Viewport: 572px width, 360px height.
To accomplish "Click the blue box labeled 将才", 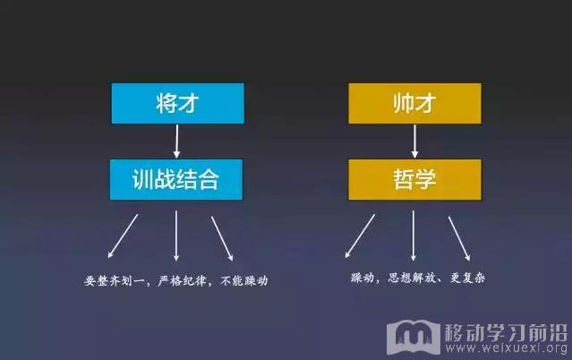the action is click(177, 103).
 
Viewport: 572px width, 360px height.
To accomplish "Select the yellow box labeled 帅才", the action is click(414, 103).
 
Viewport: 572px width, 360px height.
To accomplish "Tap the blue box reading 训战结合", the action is click(176, 179).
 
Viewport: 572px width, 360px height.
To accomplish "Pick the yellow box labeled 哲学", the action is click(414, 179).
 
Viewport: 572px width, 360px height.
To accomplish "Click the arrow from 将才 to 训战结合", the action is click(177, 141).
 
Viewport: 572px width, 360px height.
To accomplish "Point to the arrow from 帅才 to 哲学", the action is click(414, 141).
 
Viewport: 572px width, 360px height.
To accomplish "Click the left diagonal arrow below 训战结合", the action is click(123, 236).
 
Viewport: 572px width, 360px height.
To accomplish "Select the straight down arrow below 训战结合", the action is click(176, 236).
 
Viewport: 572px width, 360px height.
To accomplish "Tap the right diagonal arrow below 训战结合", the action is click(222, 238).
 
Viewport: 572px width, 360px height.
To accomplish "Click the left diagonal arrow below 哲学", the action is click(360, 236).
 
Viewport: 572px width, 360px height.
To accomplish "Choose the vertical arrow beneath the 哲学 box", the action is click(414, 236).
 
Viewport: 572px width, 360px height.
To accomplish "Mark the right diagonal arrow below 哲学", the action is click(459, 238).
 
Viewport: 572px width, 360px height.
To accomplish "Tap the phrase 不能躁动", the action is click(244, 280).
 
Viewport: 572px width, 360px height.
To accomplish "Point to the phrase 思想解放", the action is click(412, 278).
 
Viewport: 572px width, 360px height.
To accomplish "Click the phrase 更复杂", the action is click(467, 278).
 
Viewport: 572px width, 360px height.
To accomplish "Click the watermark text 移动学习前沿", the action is click(506, 332).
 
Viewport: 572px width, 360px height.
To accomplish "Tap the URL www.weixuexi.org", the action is click(507, 348).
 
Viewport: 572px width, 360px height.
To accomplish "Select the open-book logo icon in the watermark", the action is click(414, 337).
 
